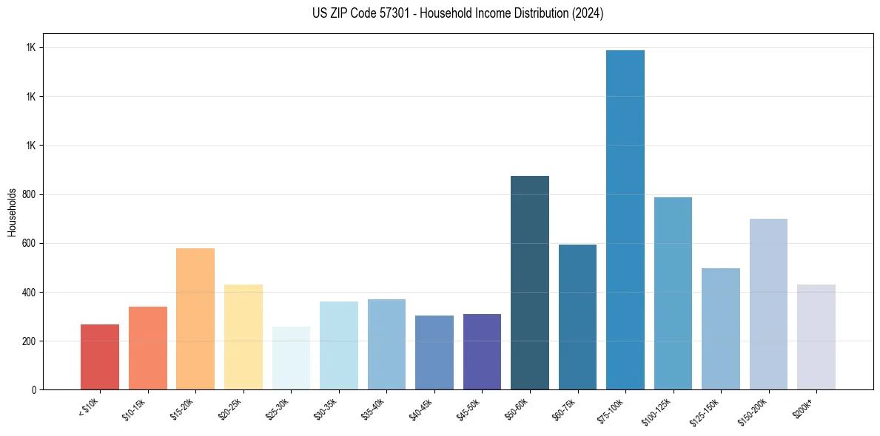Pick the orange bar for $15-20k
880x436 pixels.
(195, 319)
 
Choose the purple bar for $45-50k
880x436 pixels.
(482, 352)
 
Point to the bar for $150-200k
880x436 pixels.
(768, 304)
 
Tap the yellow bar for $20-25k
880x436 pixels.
(243, 337)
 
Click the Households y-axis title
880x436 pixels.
(12, 211)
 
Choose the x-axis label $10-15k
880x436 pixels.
(136, 409)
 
